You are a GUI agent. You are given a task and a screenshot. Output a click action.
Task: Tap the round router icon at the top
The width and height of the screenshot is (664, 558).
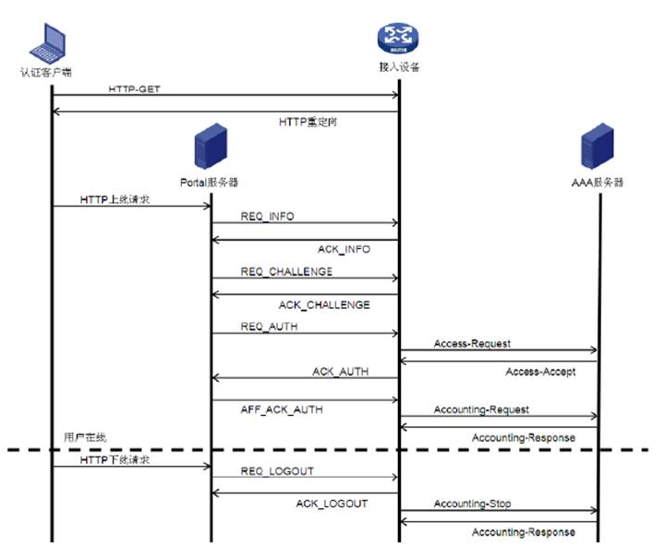click(398, 39)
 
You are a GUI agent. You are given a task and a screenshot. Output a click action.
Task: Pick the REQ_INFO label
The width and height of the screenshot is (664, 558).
click(268, 216)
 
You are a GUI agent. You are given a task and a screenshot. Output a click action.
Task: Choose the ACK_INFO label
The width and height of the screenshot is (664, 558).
click(344, 249)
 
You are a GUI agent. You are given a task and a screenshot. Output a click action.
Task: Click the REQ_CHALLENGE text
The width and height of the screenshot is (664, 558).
click(286, 272)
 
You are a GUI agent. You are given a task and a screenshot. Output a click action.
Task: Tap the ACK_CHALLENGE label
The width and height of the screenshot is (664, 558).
click(324, 304)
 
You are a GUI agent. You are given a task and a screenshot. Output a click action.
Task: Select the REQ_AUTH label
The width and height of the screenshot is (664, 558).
click(270, 326)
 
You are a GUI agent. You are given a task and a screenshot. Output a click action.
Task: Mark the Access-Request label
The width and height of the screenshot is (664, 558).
click(472, 343)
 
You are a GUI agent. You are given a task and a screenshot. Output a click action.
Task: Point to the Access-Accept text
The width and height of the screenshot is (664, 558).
click(540, 372)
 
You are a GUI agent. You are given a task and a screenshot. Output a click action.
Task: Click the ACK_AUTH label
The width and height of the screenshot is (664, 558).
click(340, 371)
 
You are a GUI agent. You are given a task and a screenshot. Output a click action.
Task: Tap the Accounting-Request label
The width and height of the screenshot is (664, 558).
click(481, 409)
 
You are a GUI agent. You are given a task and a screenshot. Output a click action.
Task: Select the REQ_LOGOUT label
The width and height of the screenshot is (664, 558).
click(277, 470)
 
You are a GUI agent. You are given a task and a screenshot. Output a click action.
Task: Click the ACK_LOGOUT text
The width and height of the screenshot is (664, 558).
click(332, 504)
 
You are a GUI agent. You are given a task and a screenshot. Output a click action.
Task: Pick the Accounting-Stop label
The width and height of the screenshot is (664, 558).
click(473, 504)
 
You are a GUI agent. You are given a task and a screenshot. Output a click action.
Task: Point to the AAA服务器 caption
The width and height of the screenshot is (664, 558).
click(598, 183)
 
